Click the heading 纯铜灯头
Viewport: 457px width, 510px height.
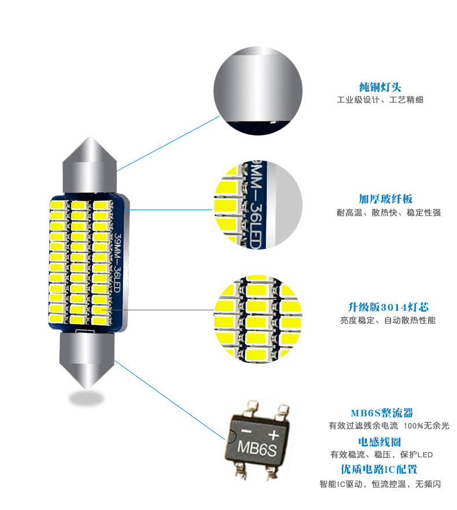[379, 87]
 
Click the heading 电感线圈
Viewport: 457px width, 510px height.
[380, 442]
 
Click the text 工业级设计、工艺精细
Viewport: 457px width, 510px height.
[379, 100]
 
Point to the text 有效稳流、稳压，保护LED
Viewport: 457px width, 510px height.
[381, 454]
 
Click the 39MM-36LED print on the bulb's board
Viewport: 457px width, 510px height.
[117, 264]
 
